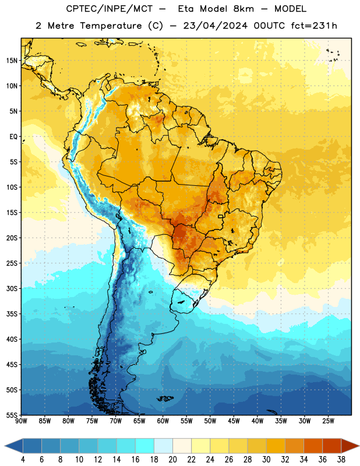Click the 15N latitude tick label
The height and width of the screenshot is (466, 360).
(x=12, y=61)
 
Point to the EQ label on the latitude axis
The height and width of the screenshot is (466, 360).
(x=13, y=137)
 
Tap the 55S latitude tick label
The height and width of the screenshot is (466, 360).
(x=12, y=415)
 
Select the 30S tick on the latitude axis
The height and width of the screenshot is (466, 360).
(x=12, y=288)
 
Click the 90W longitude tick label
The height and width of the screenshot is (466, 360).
(x=21, y=421)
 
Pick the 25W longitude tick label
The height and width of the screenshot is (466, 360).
(x=328, y=421)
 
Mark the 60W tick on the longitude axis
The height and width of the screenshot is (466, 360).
(x=163, y=421)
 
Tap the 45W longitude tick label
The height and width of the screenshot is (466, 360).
(x=234, y=421)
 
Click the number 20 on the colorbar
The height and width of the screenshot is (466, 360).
(x=172, y=460)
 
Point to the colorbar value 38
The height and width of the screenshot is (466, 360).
(x=341, y=460)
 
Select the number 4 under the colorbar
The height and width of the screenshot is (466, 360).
(x=23, y=460)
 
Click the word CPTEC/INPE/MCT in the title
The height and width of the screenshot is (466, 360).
(x=109, y=9)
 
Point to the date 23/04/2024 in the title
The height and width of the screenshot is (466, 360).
(x=215, y=26)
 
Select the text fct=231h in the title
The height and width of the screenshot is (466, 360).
(x=314, y=26)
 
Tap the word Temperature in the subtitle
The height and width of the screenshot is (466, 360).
(x=111, y=26)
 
